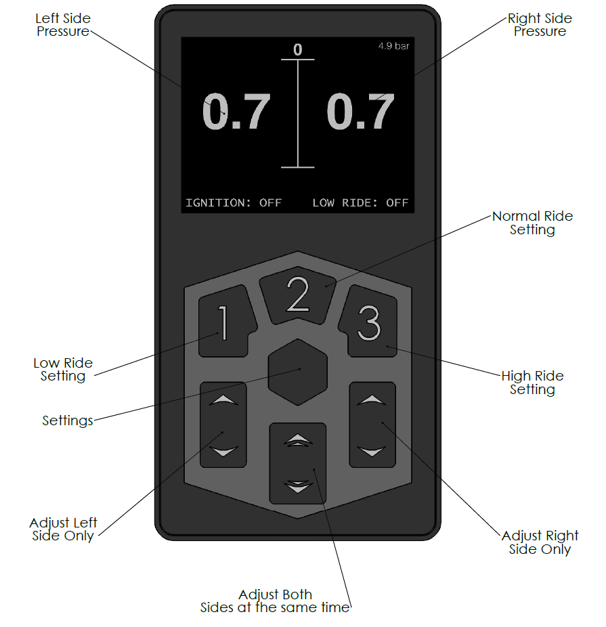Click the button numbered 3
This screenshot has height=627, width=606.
tap(370, 322)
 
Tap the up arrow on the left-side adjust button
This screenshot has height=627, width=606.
tap(223, 400)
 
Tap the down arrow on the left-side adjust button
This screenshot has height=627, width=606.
tap(223, 451)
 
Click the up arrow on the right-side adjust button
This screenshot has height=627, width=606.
tap(372, 400)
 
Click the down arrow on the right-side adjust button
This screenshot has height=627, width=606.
tap(372, 451)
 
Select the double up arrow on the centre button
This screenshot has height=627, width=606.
tap(298, 441)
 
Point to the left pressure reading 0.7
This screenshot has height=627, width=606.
tap(236, 112)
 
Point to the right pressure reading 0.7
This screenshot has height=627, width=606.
tap(360, 112)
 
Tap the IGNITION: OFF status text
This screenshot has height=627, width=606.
tap(234, 202)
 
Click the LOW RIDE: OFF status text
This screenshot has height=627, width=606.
tap(360, 202)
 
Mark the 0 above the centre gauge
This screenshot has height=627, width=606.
tap(297, 49)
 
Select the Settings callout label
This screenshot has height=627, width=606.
tap(68, 420)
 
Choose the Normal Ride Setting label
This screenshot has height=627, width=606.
tap(532, 223)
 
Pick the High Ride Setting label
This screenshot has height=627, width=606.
tap(532, 383)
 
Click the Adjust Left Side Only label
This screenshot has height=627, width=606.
tap(63, 529)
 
